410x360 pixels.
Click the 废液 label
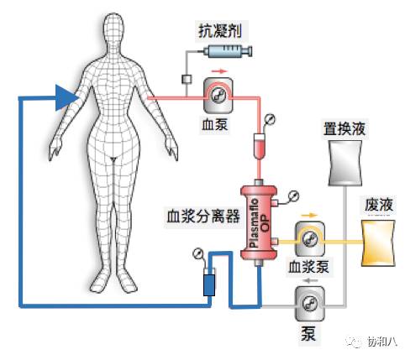click(x=378, y=206)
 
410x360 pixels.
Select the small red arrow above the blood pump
click(x=220, y=72)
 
